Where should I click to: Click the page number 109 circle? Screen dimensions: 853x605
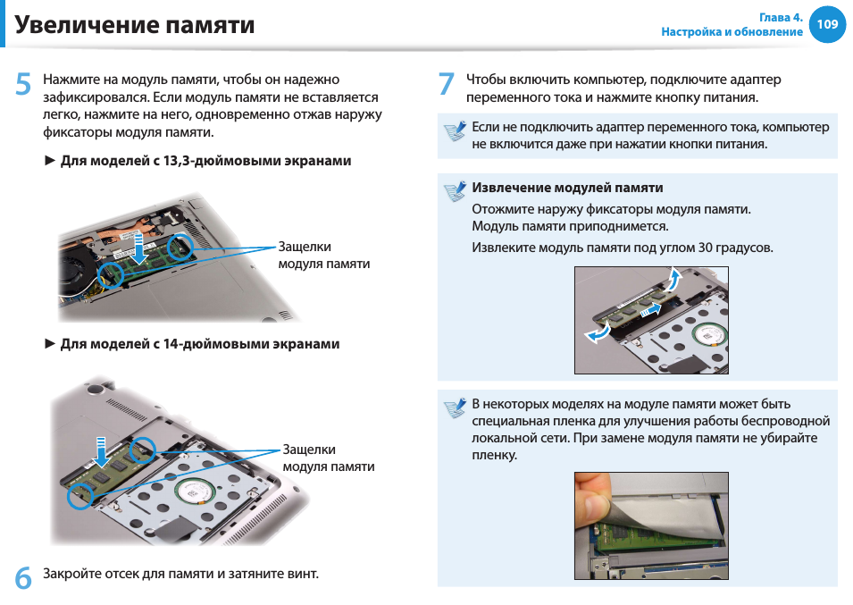(827, 24)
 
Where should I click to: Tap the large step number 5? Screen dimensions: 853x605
(23, 84)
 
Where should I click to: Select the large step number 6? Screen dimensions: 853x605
(23, 578)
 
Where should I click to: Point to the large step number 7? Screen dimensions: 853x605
(446, 84)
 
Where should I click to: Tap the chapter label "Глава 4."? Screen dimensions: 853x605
(781, 17)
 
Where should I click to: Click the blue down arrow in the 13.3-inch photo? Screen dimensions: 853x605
(140, 248)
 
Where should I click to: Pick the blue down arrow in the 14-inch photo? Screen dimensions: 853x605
(101, 451)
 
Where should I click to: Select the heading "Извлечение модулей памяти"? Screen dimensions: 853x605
(567, 188)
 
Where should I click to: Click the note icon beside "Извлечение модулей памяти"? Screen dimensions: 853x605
(455, 191)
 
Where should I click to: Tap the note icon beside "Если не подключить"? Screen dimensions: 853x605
(455, 130)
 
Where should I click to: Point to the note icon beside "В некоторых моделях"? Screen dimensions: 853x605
(455, 408)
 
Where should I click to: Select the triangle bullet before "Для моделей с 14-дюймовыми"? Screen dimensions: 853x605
(50, 344)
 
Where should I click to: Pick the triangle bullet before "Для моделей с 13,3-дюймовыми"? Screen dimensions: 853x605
(50, 161)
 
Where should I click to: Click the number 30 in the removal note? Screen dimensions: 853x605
(706, 248)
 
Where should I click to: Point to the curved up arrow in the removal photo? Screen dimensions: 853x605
(674, 281)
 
